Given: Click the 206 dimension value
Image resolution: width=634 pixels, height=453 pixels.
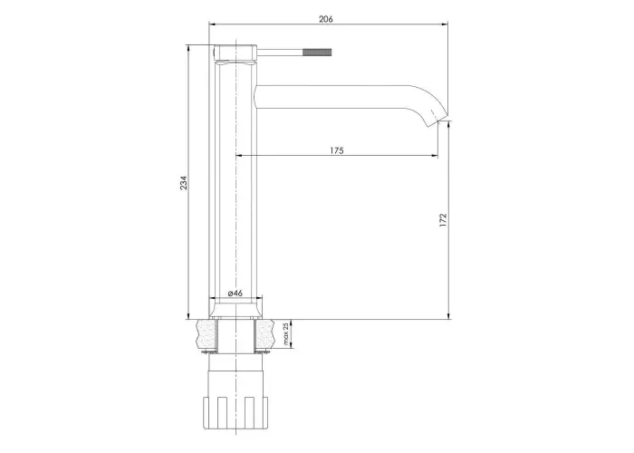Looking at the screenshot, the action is pyautogui.click(x=325, y=19).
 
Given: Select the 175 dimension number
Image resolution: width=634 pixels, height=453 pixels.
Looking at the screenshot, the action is pyautogui.click(x=336, y=150).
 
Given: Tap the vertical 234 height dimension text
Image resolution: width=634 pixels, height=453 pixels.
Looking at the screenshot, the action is pyautogui.click(x=184, y=183).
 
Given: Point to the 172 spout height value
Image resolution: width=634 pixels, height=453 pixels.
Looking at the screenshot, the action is pyautogui.click(x=443, y=219).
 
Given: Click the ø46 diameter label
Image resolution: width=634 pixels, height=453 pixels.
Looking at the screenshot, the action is pyautogui.click(x=235, y=293).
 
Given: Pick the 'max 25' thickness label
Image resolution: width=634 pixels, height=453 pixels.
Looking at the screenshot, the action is pyautogui.click(x=286, y=334).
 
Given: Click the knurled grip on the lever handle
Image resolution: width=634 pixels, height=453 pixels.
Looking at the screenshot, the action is pyautogui.click(x=317, y=53).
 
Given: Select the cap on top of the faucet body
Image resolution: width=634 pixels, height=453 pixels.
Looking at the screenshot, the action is pyautogui.click(x=235, y=53).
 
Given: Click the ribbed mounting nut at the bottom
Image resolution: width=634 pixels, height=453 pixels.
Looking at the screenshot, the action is pyautogui.click(x=235, y=412).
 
